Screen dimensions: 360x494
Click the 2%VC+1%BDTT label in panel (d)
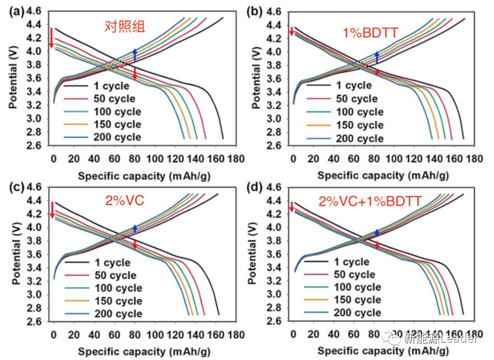(x=370, y=201)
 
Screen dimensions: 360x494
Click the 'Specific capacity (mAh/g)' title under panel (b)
(x=384, y=175)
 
